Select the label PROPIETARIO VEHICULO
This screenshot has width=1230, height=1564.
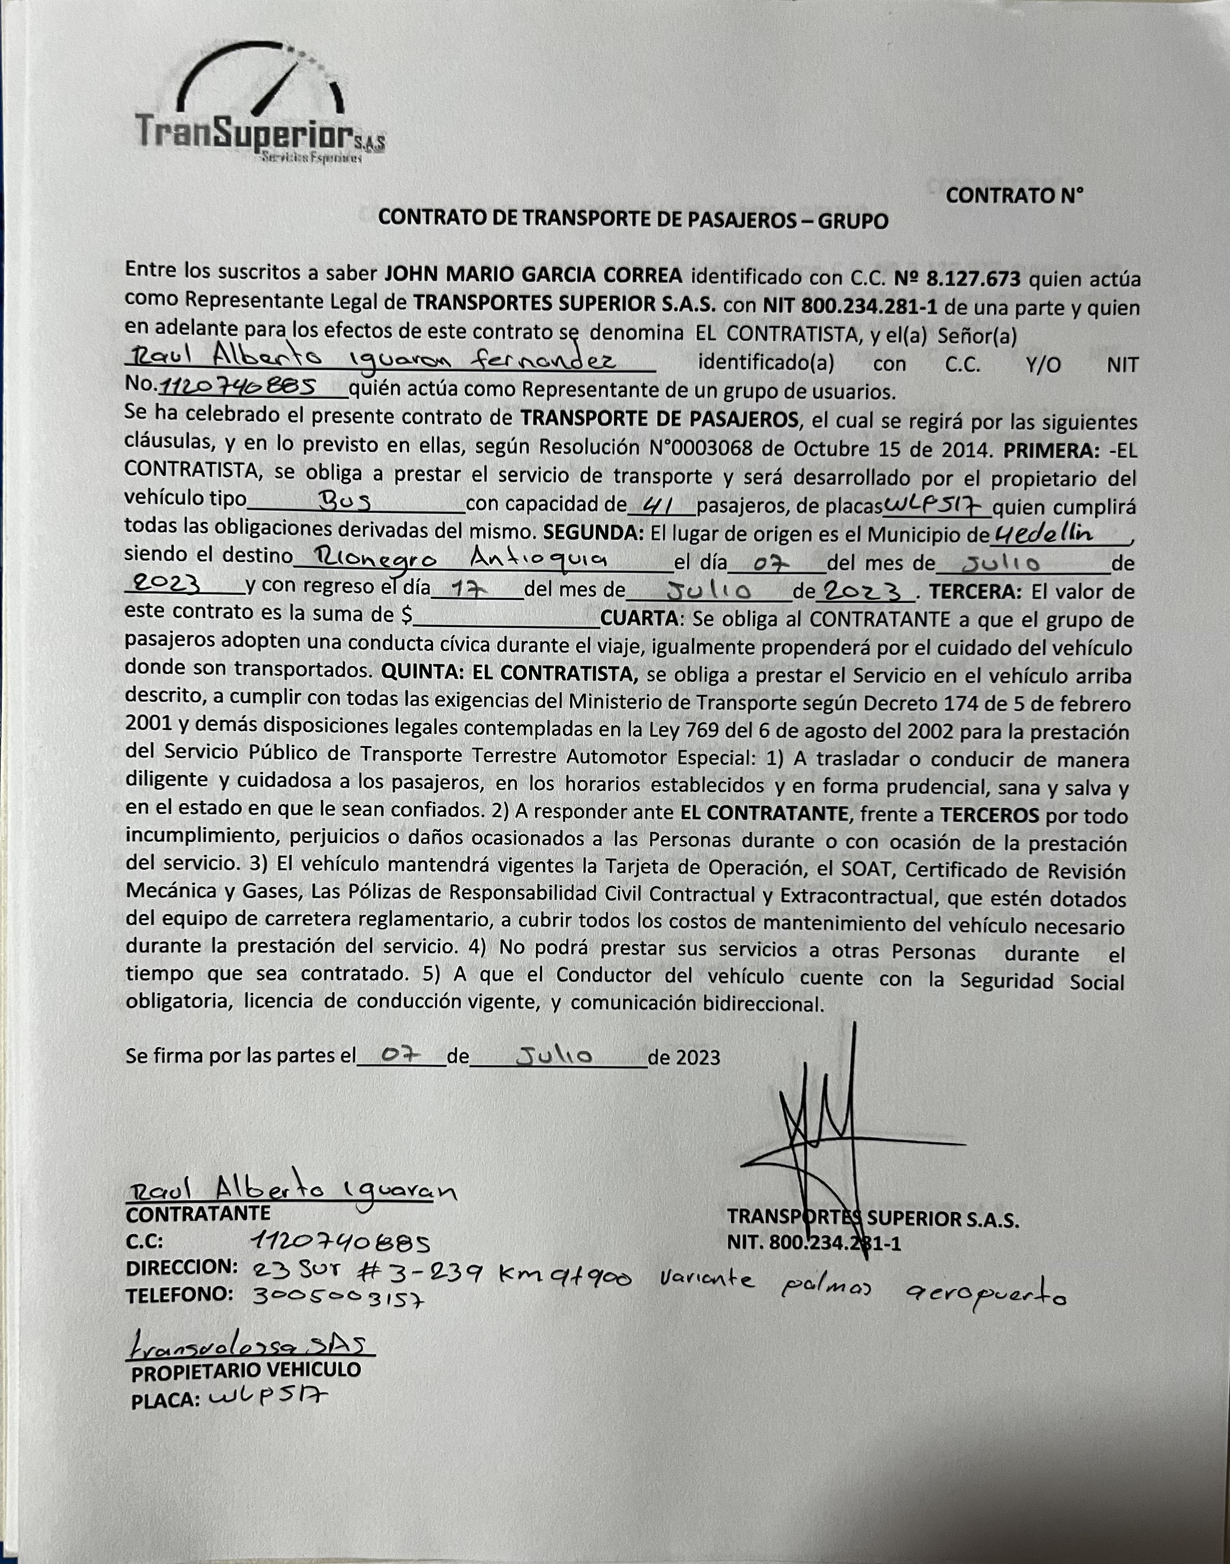[245, 1370]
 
